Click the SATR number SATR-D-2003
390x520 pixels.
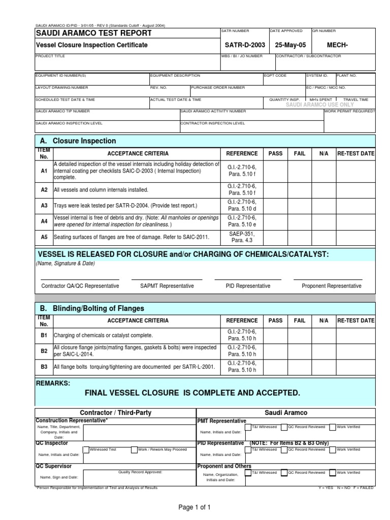(244, 45)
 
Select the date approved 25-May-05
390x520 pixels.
(289, 45)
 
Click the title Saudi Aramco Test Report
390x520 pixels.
(93, 34)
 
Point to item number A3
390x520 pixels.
(44, 206)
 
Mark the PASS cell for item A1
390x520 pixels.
(275, 172)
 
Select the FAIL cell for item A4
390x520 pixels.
(300, 221)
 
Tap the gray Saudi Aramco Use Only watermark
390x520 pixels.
(320, 105)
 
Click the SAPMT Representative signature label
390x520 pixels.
(167, 286)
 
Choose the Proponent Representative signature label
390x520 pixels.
(332, 286)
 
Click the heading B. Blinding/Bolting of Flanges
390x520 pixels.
(92, 308)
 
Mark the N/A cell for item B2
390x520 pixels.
(324, 351)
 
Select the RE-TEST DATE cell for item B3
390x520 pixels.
(355, 366)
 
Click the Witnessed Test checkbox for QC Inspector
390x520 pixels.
(86, 450)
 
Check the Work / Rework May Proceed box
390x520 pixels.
(134, 450)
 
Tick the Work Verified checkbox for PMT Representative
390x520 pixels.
(332, 428)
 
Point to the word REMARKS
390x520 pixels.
(53, 382)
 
